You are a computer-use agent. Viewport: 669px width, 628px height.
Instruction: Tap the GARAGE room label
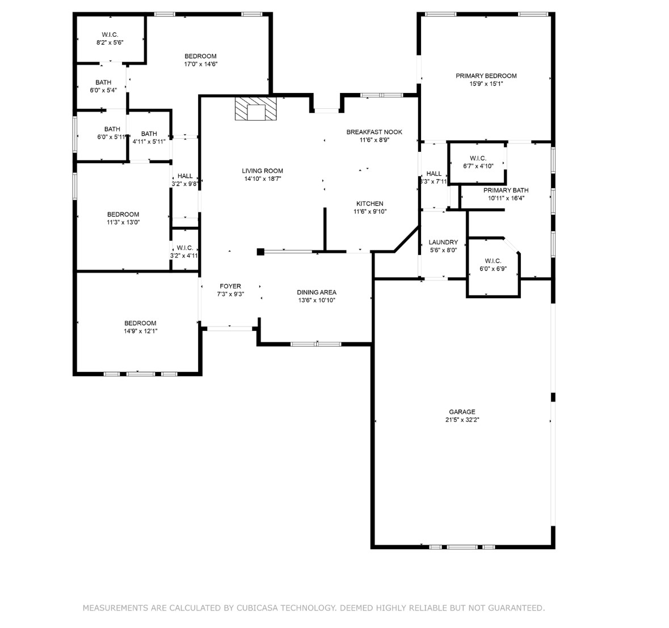[462, 412]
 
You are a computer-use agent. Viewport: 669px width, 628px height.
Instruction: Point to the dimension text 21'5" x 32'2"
[462, 421]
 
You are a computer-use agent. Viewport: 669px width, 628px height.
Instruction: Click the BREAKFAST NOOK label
[374, 132]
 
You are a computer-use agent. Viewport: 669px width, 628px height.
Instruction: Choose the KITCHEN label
[369, 204]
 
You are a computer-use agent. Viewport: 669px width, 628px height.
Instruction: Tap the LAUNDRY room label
[443, 243]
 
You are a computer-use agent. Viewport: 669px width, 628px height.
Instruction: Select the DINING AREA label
[317, 292]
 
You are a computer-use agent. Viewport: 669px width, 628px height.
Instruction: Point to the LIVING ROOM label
[262, 171]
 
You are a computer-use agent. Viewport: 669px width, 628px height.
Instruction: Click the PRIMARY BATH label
[506, 190]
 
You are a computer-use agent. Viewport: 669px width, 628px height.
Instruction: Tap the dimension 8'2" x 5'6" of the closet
[110, 43]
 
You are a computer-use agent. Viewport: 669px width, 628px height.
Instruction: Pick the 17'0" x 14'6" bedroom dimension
[200, 65]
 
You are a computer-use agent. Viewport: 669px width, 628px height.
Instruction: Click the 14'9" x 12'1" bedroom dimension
[140, 331]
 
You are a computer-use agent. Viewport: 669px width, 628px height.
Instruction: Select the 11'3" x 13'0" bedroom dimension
[123, 223]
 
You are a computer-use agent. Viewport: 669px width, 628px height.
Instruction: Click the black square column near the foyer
[260, 252]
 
